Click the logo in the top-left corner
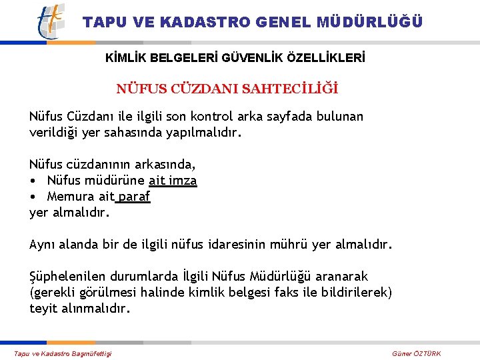[x=51, y=21]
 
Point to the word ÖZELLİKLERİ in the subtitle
[x=325, y=58]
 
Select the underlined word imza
[x=182, y=180]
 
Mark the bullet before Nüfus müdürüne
[x=33, y=181]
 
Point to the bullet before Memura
[x=33, y=197]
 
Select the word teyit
[x=43, y=309]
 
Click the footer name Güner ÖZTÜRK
[x=417, y=353]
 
